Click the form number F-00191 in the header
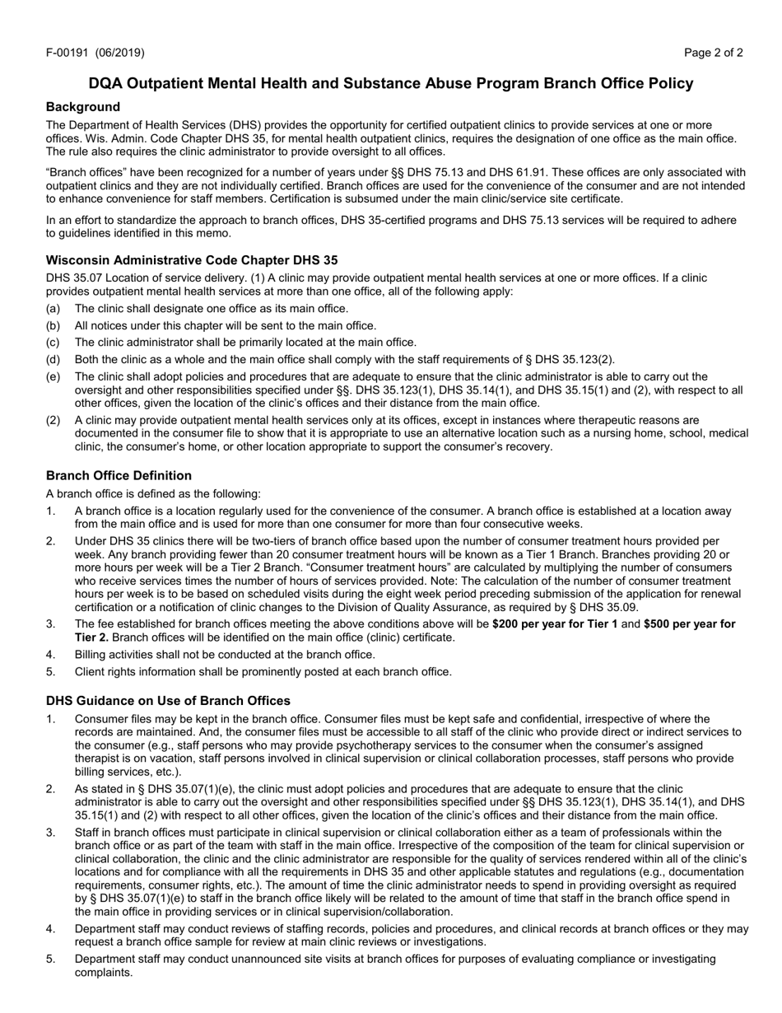[x=68, y=53]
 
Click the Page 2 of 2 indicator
[x=713, y=53]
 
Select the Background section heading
[x=83, y=106]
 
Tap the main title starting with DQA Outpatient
[x=391, y=83]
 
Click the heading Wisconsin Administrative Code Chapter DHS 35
[x=192, y=259]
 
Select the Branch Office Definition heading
[x=119, y=475]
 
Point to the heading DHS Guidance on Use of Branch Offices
[x=168, y=700]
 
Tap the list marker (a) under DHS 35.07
[x=53, y=308]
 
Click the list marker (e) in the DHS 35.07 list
[x=53, y=376]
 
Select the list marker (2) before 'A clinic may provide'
[x=53, y=420]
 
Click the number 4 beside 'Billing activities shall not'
[x=50, y=654]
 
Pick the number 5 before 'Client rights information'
[x=50, y=671]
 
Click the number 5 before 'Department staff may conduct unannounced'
[x=50, y=959]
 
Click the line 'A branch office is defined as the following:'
[x=153, y=493]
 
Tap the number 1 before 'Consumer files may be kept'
[x=50, y=718]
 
